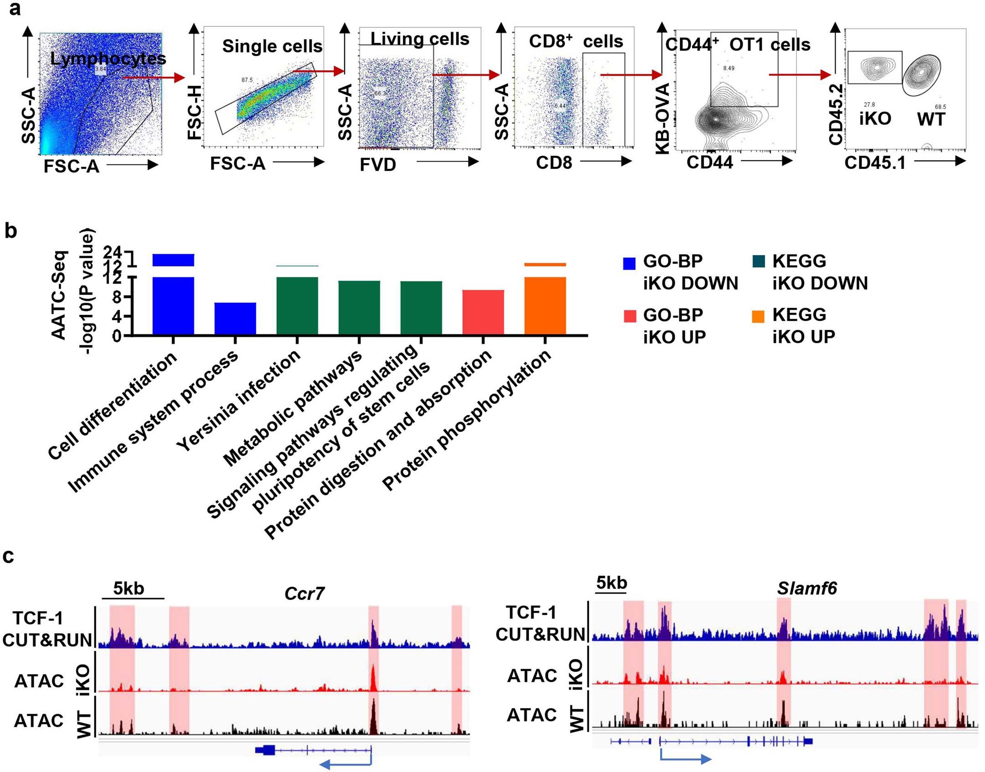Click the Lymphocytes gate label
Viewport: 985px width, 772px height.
[x=108, y=58]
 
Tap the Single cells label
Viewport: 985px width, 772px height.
[x=272, y=46]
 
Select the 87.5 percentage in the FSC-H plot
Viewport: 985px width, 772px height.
[x=247, y=80]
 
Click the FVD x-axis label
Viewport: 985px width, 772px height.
[x=378, y=164]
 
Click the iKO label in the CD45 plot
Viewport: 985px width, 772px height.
[x=875, y=119]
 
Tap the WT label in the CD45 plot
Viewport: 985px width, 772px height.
[x=931, y=119]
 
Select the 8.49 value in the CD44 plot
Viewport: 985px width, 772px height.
[x=728, y=68]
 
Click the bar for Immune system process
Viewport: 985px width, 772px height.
[x=235, y=319]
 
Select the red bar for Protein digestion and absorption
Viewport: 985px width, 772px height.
[x=483, y=312]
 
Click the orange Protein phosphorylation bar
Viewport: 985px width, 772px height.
[x=545, y=305]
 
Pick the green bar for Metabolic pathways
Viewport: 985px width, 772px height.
[x=359, y=308]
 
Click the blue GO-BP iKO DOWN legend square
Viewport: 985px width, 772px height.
[x=629, y=264]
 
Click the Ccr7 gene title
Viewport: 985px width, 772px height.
[x=304, y=593]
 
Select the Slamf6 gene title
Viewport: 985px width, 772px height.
[x=807, y=588]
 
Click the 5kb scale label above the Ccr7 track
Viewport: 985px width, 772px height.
[x=128, y=588]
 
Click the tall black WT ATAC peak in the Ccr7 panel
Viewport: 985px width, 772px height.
[x=373, y=717]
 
